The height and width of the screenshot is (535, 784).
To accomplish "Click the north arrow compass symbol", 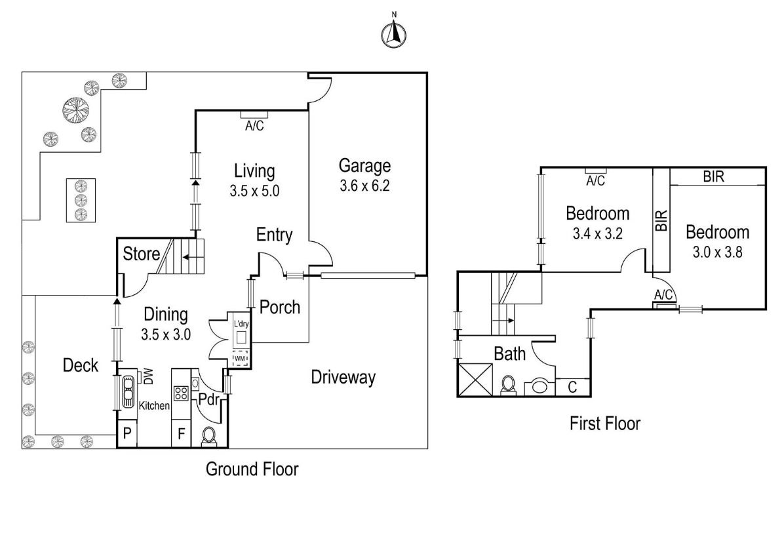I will [393, 34].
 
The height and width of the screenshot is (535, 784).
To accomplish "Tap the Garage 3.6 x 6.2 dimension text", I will [364, 186].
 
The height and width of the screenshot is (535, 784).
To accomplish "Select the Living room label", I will [254, 171].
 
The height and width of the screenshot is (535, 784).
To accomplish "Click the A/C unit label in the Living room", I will [254, 126].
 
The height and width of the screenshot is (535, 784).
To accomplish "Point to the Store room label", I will [142, 253].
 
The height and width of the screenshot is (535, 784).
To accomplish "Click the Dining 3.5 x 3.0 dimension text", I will [165, 334].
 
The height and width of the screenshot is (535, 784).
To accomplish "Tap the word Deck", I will [80, 365].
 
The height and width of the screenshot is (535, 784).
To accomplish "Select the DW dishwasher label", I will [147, 376].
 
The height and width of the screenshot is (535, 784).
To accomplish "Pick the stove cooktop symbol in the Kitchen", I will [181, 393].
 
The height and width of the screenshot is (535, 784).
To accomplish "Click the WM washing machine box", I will [240, 359].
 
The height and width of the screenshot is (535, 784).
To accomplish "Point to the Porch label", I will [280, 307].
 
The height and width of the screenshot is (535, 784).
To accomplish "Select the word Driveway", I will [343, 378].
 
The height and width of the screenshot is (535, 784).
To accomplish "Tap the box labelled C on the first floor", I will [572, 387].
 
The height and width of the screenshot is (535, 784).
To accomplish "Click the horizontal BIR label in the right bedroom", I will [713, 176].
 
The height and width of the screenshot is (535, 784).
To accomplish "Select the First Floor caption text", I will [604, 424].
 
